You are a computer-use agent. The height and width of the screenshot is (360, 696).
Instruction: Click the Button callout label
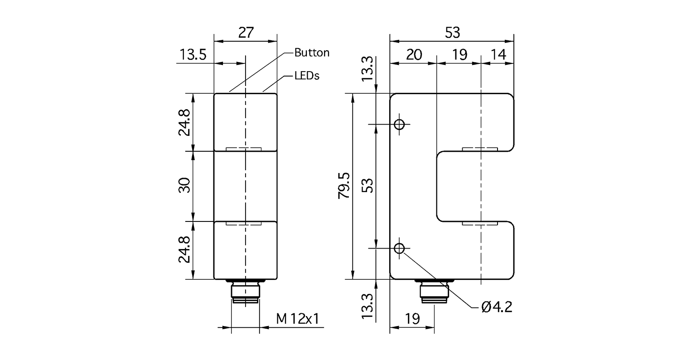(312, 53)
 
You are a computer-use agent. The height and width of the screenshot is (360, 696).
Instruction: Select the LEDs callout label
(307, 76)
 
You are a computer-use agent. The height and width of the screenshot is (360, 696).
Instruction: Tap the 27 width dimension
(245, 32)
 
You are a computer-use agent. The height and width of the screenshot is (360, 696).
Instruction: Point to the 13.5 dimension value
(193, 55)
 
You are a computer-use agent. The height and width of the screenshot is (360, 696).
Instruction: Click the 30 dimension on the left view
(184, 185)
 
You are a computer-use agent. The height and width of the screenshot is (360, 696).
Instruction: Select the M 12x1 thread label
(298, 319)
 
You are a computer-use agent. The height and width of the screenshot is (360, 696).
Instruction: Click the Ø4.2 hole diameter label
(497, 307)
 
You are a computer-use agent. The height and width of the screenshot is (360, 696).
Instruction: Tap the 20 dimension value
(413, 55)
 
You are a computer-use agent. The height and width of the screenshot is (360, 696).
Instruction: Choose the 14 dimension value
(498, 55)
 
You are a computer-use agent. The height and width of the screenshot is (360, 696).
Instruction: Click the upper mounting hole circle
(399, 124)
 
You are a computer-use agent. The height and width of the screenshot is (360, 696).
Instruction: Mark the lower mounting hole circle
(399, 248)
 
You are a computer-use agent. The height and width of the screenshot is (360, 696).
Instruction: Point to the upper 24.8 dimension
(184, 122)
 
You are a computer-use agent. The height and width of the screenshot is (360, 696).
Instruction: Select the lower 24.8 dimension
(184, 250)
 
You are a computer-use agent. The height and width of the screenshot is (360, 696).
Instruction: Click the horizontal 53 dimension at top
(452, 32)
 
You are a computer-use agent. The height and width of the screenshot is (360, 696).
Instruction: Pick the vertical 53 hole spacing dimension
(368, 186)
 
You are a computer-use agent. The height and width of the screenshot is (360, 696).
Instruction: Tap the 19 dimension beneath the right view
(412, 318)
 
